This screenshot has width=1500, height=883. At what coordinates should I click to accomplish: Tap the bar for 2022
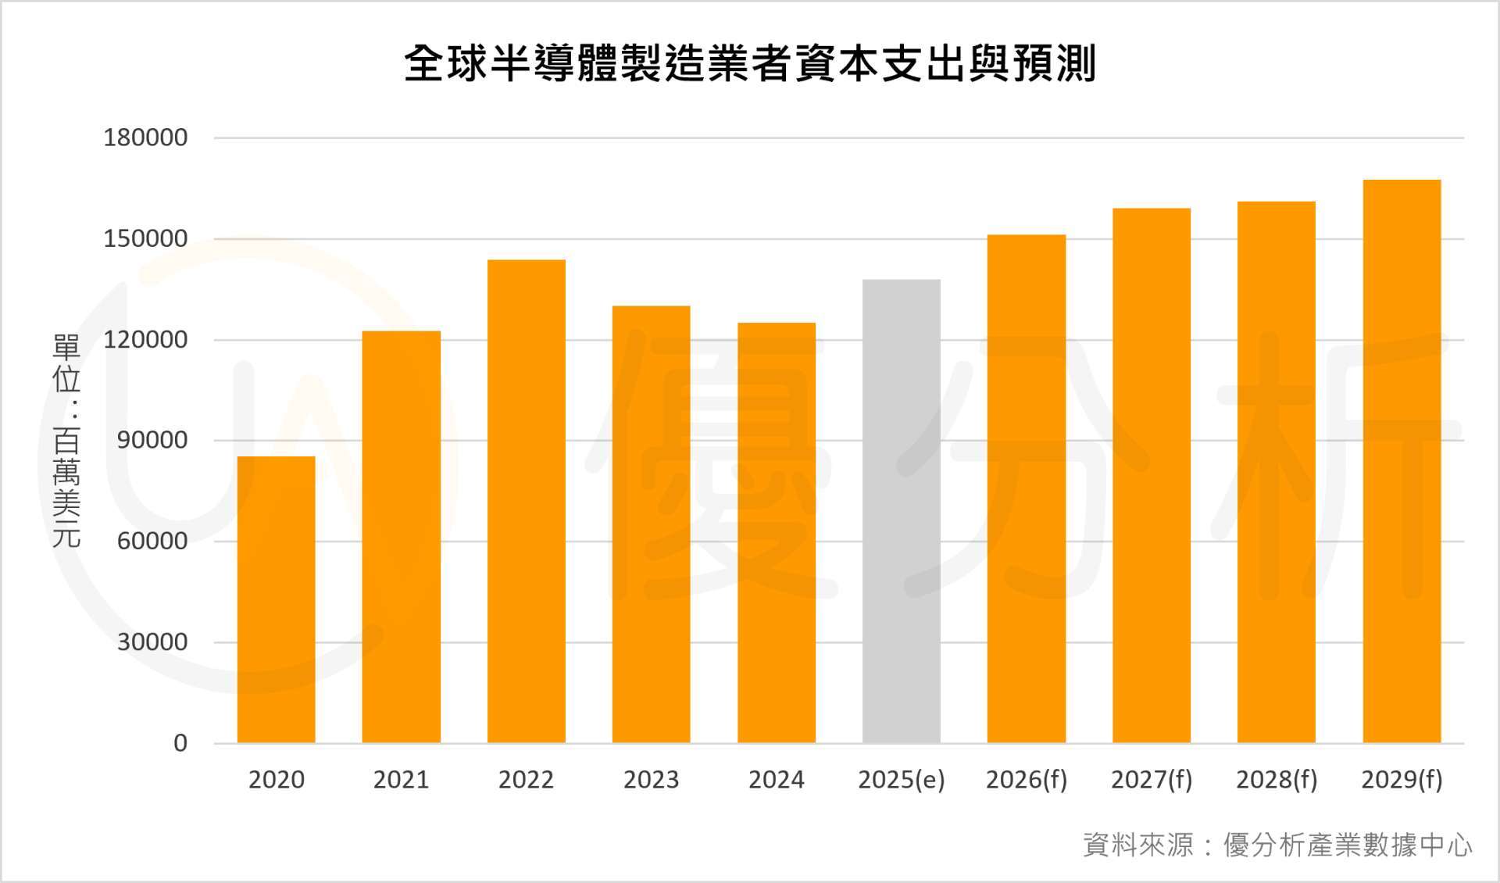526,501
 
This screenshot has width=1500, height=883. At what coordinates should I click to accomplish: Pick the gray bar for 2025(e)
901,511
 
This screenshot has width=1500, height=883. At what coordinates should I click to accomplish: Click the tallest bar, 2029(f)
1402,461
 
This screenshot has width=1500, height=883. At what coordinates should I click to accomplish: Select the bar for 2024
776,532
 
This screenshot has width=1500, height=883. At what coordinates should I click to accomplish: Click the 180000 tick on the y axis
145,138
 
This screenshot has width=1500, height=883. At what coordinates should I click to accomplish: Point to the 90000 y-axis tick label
152,440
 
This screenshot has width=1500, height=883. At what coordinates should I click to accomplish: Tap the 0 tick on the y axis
180,743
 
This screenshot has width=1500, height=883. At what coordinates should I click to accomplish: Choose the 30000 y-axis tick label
152,642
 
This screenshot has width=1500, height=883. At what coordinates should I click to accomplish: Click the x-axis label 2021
401,780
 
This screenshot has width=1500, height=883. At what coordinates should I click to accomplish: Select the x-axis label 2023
651,780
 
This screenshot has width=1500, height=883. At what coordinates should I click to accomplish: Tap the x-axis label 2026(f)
1026,780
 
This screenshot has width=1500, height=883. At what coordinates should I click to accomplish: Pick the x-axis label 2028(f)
1277,780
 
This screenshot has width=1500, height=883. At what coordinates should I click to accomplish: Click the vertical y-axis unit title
66,440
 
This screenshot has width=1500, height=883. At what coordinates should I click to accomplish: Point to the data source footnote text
1277,845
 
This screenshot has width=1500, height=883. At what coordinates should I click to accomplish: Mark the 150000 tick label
145,238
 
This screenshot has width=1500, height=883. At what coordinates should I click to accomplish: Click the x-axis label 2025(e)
901,780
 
